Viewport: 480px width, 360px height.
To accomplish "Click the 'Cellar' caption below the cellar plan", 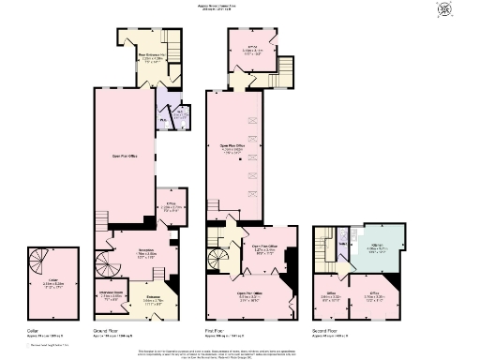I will pyautogui.click(x=33, y=331).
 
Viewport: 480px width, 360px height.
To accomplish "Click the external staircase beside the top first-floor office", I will pyautogui.click(x=285, y=67).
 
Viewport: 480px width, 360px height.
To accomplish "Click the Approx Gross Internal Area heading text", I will pyautogui.click(x=240, y=6).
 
